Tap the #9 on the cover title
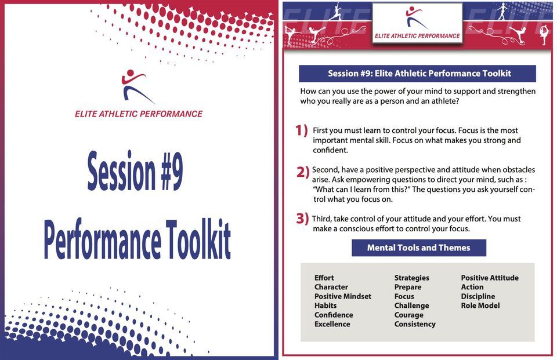(172, 172)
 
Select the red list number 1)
(301, 130)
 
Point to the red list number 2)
(303, 172)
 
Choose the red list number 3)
(302, 219)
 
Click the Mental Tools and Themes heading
(419, 248)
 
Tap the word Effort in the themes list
(324, 278)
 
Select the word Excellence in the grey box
(332, 324)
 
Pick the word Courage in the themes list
(408, 315)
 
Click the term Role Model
(480, 306)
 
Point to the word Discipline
(478, 296)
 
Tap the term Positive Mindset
(343, 296)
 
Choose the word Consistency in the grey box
(415, 324)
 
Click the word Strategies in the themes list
(412, 278)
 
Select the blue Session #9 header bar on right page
(417, 74)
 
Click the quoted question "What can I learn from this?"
(362, 189)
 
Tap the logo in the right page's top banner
(417, 23)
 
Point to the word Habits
(325, 306)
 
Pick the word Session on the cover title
(121, 170)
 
